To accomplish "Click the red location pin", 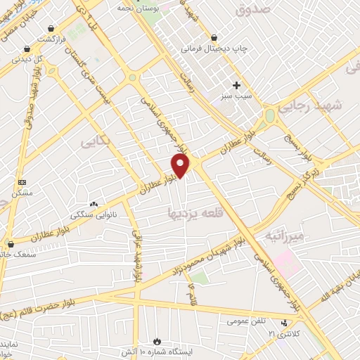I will click(x=181, y=165).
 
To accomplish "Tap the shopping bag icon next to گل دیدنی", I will click(x=27, y=49).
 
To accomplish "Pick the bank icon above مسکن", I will click(x=22, y=181).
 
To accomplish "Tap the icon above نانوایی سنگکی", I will click(x=94, y=204).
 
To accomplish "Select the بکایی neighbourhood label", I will click(x=98, y=142).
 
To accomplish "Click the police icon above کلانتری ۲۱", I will click(x=284, y=323).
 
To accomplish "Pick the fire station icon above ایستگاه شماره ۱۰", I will click(x=165, y=340).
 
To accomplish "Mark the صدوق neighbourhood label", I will click(x=254, y=11).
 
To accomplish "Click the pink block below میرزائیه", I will click(x=285, y=262).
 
